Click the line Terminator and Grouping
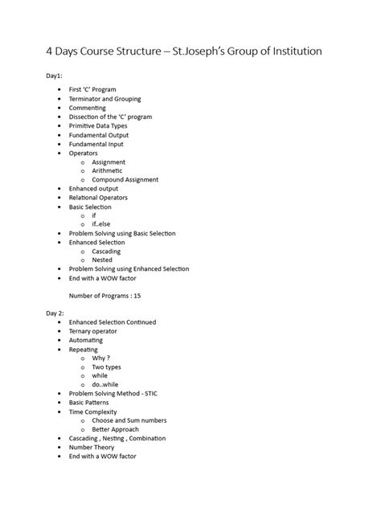[104, 99]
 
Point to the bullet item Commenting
[87, 108]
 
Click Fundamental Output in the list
[98, 135]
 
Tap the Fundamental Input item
[96, 144]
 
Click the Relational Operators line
[98, 197]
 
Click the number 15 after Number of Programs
[137, 295]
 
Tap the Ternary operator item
[92, 331]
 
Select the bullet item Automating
[86, 340]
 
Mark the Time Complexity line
[93, 412]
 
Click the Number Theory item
[92, 448]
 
